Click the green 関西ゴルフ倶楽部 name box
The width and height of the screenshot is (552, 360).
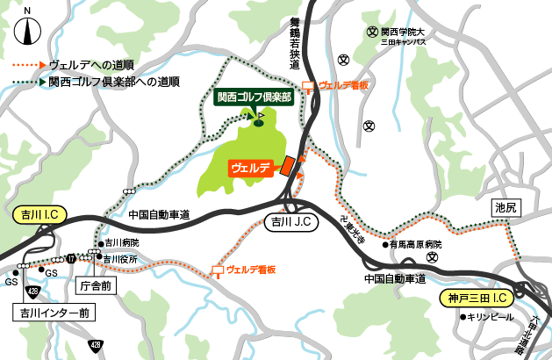click(254, 97)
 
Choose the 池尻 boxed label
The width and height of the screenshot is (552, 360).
click(506, 208)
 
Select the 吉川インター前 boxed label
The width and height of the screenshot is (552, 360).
click(51, 312)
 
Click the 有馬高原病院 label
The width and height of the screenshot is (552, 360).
click(418, 244)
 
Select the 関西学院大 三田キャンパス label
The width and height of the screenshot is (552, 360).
click(405, 36)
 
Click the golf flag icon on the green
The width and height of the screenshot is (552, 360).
click(260, 113)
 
